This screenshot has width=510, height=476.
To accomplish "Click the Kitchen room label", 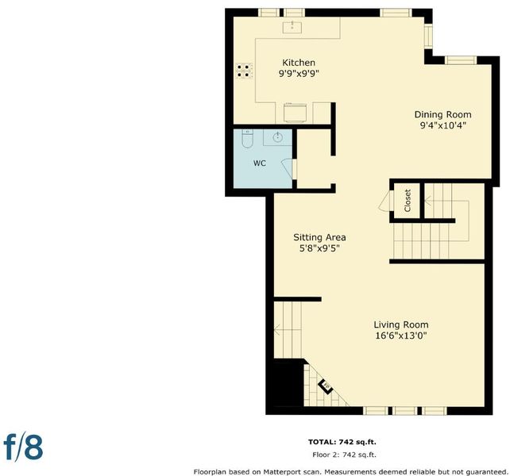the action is click(298, 63).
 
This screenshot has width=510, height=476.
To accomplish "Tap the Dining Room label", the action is click(442, 114).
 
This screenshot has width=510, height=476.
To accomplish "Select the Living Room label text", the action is click(400, 324).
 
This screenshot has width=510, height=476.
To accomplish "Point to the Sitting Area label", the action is click(319, 237).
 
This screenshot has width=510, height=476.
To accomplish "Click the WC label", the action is click(260, 163).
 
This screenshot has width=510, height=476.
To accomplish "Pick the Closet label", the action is click(408, 201).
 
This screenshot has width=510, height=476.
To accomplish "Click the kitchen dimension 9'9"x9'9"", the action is click(299, 74).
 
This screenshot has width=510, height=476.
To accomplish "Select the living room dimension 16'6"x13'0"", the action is click(400, 336).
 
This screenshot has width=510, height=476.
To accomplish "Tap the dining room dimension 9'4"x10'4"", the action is click(443, 125).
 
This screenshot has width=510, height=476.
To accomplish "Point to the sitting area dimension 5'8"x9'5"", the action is click(319, 248).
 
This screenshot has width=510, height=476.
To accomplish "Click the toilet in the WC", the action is click(248, 138).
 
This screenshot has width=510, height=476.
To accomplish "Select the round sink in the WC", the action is click(277, 137).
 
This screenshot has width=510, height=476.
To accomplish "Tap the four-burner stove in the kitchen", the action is click(244, 71).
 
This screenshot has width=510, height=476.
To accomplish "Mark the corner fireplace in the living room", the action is click(326, 386).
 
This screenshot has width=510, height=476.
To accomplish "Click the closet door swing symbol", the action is click(386, 201).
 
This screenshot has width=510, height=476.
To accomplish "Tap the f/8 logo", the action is click(23, 448).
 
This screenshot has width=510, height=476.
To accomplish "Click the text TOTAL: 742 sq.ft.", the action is click(342, 442).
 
